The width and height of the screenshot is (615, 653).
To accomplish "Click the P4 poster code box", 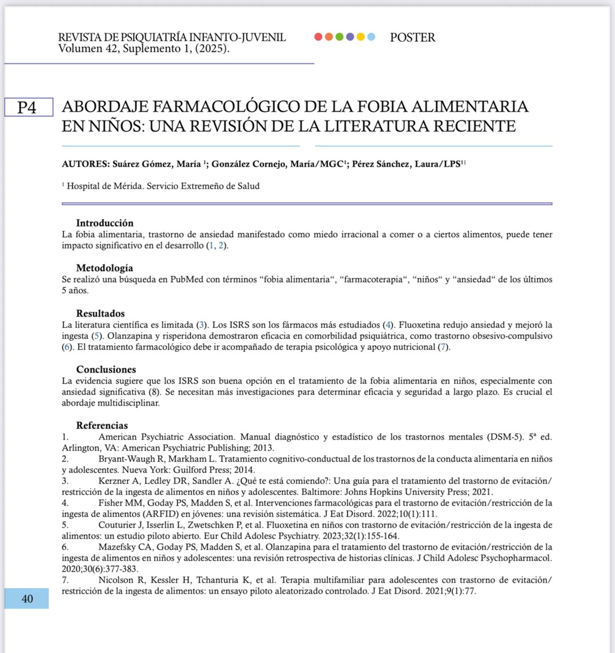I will (x=28, y=107).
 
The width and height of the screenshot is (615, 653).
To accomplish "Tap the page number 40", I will (x=27, y=599).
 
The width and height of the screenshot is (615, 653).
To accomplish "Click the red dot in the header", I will (x=318, y=37).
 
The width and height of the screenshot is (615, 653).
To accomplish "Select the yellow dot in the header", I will (x=360, y=37).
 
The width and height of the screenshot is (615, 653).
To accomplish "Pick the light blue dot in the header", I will (x=371, y=37).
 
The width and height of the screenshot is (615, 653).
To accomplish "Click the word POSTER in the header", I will (x=412, y=37).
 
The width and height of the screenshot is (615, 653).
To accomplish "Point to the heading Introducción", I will (x=104, y=223).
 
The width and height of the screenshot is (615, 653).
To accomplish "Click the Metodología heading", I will (x=104, y=268).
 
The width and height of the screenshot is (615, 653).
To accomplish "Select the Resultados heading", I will (x=100, y=314).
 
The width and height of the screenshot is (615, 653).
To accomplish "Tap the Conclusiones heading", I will (x=106, y=369).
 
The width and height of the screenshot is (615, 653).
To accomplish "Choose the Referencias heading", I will (x=102, y=425).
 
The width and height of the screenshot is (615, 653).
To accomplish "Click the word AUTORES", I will (x=86, y=164).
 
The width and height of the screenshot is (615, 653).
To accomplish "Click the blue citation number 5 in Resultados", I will (x=97, y=336).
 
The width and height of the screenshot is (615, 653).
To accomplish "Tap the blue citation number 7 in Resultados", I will (x=443, y=347).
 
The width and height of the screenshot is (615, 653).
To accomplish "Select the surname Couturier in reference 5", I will (x=118, y=525).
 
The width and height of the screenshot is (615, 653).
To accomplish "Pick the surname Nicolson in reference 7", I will (x=115, y=580).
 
